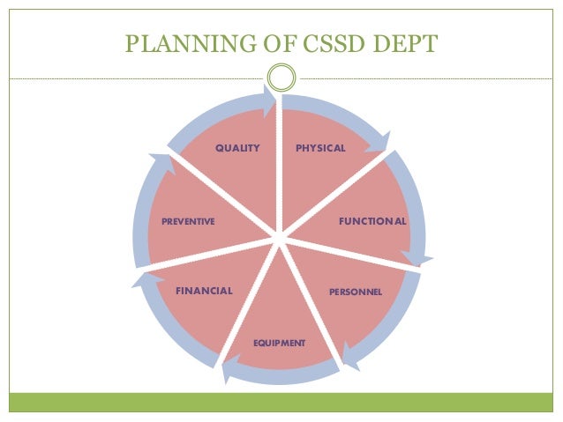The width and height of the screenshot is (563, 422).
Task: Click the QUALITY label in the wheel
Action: [237, 148]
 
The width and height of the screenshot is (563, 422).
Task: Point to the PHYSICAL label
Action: [320, 148]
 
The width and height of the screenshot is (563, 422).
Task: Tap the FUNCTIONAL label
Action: [372, 221]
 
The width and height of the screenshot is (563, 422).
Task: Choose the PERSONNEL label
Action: [355, 292]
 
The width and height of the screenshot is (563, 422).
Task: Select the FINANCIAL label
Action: [204, 291]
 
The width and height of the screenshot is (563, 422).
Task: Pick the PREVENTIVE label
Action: [188, 221]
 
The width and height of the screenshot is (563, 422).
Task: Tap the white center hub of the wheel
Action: [279, 238]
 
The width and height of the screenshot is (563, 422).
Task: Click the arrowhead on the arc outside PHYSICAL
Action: [380, 141]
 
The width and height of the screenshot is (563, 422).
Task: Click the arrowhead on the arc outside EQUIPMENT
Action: [227, 369]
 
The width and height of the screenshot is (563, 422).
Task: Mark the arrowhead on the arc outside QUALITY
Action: [268, 99]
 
